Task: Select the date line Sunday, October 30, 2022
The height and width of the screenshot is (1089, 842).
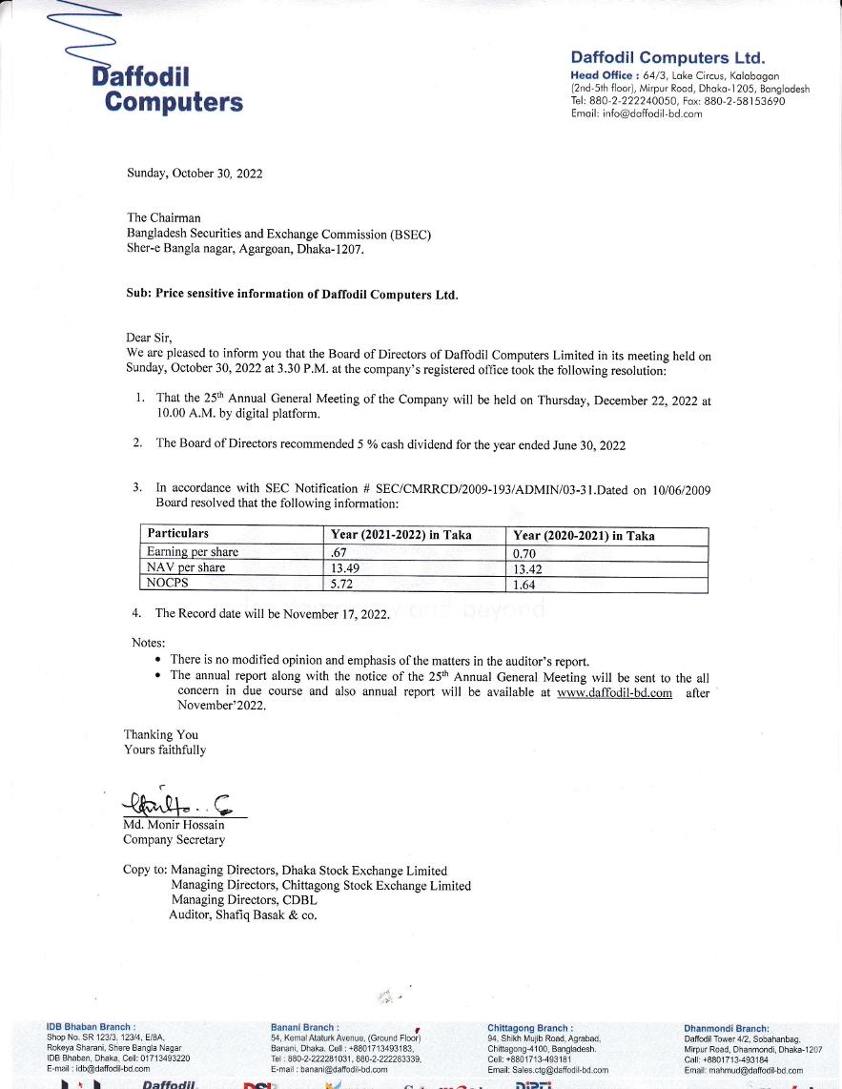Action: (195, 174)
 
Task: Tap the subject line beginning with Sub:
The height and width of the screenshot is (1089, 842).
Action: (292, 295)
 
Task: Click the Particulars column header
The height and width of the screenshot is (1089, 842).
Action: (178, 534)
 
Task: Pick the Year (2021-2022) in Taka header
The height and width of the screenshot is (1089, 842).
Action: (400, 535)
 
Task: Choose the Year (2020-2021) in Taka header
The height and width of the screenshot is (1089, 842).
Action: (584, 535)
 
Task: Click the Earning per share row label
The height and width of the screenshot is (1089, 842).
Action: (193, 552)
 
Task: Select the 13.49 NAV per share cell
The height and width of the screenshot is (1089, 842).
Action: (344, 568)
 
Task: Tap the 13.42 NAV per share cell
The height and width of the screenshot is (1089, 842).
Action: (527, 568)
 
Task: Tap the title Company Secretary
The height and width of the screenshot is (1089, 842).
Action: (174, 840)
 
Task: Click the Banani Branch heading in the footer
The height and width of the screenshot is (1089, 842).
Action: (304, 1028)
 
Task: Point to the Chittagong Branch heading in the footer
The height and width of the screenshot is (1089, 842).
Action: (529, 1028)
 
